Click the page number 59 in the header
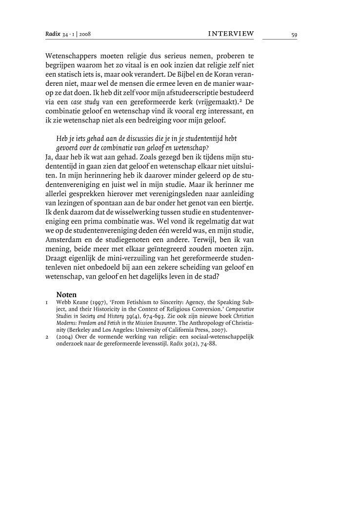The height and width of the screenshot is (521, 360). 294,35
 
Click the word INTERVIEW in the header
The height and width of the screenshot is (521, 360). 231,34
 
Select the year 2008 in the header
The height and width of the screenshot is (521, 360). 85,35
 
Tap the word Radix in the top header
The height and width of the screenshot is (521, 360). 52,34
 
